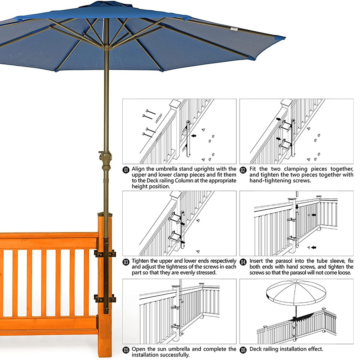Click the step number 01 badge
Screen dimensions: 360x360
[x=126, y=170]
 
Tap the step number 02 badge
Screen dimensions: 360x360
[x=243, y=170]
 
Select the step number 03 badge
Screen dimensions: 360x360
[x=126, y=262]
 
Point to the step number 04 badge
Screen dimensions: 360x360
[x=243, y=262]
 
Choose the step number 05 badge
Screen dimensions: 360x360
[x=126, y=350]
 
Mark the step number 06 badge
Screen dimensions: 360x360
[x=243, y=350]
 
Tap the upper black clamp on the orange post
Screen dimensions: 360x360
[x=105, y=254]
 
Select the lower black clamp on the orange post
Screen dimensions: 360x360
[x=105, y=299]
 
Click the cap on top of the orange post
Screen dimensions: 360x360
[x=105, y=214]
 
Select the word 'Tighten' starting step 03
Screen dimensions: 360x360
[x=140, y=261]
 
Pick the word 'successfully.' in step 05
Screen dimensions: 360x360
[x=160, y=355]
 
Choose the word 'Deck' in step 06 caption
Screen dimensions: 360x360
[x=255, y=349]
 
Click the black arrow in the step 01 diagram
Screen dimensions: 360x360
[x=194, y=136]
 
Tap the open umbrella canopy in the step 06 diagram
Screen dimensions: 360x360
[x=296, y=292]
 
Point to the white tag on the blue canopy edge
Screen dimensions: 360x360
[x=234, y=29]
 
